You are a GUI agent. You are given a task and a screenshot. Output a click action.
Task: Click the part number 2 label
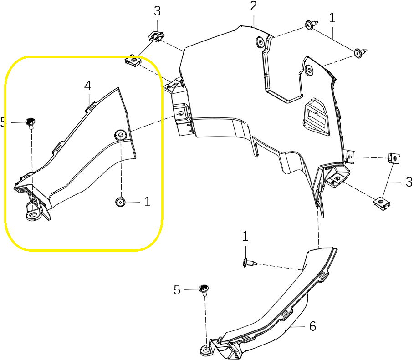(253, 6)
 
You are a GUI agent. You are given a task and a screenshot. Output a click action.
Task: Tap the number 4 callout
(87, 86)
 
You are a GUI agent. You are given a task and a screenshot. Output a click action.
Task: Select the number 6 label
(312, 326)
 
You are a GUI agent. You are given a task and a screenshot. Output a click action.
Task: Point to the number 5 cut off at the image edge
(3, 122)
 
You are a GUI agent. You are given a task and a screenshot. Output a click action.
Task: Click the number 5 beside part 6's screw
(177, 290)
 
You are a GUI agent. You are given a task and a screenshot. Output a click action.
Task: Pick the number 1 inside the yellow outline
(147, 202)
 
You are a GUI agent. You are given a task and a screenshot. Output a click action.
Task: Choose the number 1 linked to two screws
(332, 18)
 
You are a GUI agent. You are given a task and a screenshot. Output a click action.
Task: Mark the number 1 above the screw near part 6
(245, 236)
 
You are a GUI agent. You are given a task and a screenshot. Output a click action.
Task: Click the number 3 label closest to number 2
(157, 11)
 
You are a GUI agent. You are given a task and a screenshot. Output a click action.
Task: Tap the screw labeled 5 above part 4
(31, 123)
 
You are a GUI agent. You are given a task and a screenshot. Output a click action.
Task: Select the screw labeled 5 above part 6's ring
(204, 290)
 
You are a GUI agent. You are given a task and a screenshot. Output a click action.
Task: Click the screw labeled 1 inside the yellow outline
(120, 202)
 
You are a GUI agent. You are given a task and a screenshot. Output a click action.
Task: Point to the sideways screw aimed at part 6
(249, 263)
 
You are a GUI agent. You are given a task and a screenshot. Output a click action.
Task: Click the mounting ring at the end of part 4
(33, 214)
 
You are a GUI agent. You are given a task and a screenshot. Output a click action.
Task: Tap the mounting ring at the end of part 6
(206, 350)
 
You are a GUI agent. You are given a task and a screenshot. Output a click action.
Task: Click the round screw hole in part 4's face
(121, 135)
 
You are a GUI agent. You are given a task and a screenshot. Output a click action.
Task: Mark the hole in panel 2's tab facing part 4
(181, 113)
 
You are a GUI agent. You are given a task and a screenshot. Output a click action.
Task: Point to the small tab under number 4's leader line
(90, 106)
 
